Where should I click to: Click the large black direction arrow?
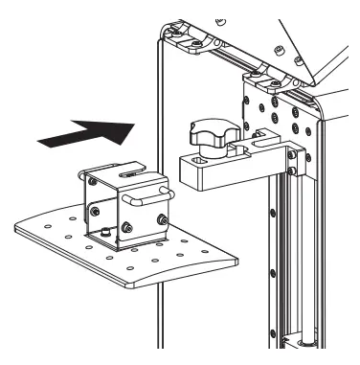pyautogui.click(x=83, y=130)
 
